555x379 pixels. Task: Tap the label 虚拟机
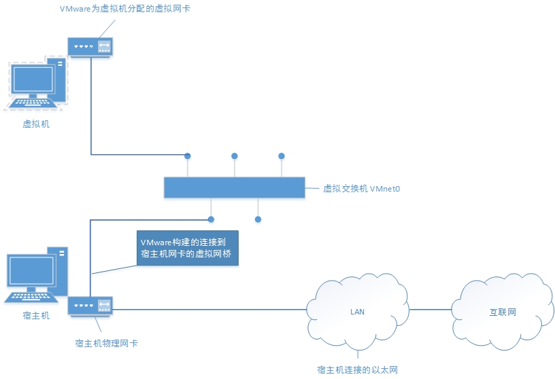click(36, 124)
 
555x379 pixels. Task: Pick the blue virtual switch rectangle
click(234, 187)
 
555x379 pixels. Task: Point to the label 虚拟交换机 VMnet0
click(361, 188)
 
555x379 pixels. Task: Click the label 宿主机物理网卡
click(106, 344)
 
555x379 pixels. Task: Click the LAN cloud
click(358, 312)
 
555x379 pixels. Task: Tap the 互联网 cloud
click(503, 312)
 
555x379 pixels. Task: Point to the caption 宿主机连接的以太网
click(357, 369)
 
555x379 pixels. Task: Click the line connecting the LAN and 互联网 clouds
click(431, 310)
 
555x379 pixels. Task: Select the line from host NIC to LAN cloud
click(211, 310)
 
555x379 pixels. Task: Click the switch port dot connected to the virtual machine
click(188, 156)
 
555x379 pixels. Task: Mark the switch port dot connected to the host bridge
click(212, 219)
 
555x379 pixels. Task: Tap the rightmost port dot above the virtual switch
click(281, 156)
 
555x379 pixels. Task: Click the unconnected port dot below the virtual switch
click(258, 219)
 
